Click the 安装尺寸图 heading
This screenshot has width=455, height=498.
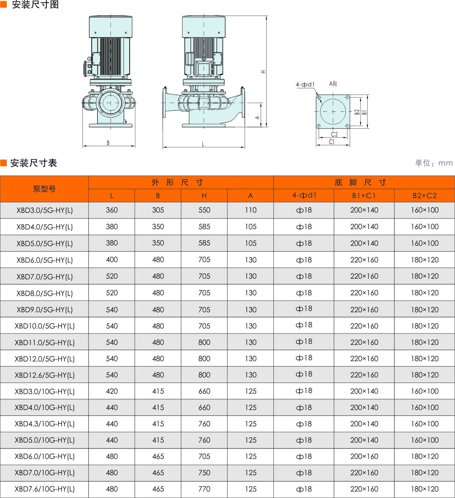35,5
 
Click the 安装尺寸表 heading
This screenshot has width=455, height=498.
34,163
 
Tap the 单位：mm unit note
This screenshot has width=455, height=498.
434,163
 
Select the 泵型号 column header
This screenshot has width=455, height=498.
44,189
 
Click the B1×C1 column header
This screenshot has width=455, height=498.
364,196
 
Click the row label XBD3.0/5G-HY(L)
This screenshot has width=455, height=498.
44,210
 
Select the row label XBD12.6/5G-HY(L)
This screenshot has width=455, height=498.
44,375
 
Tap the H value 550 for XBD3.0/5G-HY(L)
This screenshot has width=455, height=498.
204,210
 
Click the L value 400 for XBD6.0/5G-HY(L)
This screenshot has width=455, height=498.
112,260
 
